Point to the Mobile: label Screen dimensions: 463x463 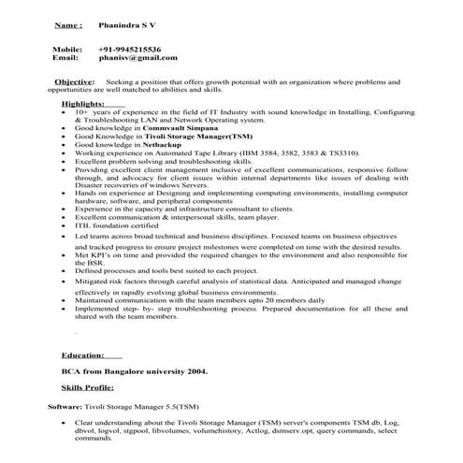tap(67, 48)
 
